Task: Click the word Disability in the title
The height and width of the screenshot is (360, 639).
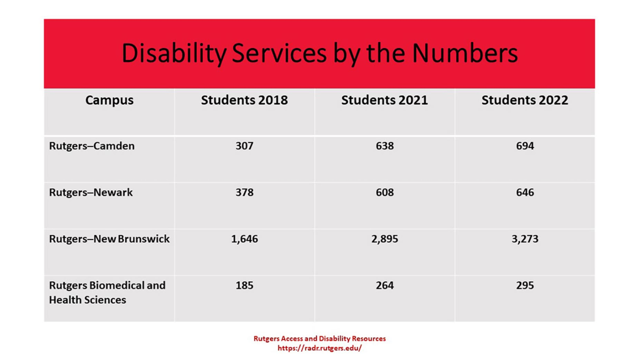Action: [173, 53]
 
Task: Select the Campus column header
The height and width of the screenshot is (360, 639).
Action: [109, 100]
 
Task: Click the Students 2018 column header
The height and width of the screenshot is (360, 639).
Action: [244, 100]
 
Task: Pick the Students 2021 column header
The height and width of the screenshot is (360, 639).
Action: [384, 100]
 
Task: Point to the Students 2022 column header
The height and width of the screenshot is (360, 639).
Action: [524, 100]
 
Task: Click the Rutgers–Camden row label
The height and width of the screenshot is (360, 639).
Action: [92, 146]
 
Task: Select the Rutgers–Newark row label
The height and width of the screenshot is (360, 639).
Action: [91, 193]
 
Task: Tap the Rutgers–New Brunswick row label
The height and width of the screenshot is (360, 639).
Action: [109, 239]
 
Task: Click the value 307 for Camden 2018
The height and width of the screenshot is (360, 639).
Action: [244, 146]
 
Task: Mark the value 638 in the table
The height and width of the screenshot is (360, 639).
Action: [385, 146]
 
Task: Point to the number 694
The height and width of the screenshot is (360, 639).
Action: [525, 146]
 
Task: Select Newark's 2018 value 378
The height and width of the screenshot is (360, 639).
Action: [244, 193]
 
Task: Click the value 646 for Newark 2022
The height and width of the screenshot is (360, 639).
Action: [525, 193]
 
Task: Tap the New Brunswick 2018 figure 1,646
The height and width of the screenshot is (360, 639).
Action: [244, 239]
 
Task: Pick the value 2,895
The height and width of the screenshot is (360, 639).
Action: [385, 239]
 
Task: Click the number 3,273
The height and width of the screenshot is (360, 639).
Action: [525, 239]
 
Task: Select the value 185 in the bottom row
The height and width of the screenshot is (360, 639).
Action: [244, 286]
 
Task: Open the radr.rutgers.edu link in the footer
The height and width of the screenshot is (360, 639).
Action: [319, 348]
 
